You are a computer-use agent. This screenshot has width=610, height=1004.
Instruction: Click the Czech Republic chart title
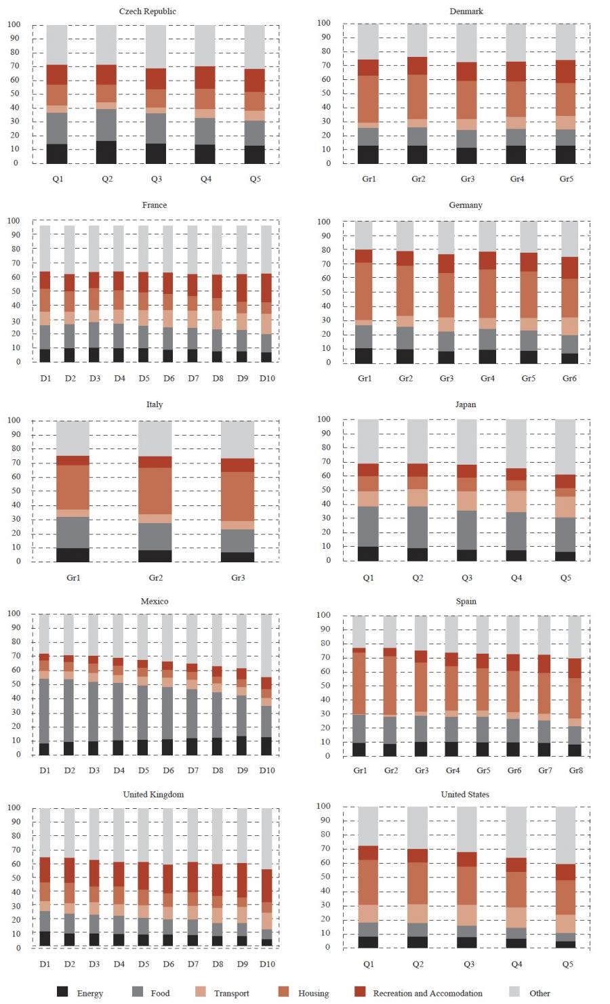pyautogui.click(x=147, y=12)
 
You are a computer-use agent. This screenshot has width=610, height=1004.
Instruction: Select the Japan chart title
pyautogui.click(x=465, y=404)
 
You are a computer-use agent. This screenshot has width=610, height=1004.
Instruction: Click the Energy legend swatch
pyautogui.click(x=62, y=992)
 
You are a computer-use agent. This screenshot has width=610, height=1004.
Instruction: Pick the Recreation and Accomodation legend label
pyautogui.click(x=428, y=993)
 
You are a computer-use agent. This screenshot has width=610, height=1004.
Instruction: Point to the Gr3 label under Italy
pyautogui.click(x=239, y=578)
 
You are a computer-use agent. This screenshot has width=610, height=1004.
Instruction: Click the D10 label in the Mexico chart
pyautogui.click(x=267, y=770)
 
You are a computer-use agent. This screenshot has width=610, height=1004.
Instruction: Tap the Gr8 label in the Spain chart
pyautogui.click(x=575, y=770)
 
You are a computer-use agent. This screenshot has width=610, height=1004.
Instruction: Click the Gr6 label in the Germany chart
pyautogui.click(x=569, y=378)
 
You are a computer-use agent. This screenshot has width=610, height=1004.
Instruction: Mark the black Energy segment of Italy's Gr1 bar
pyautogui.click(x=73, y=555)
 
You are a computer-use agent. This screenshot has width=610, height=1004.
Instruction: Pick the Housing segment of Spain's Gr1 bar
pyautogui.click(x=359, y=684)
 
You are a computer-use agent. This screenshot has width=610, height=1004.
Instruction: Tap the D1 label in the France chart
pyautogui.click(x=45, y=378)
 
